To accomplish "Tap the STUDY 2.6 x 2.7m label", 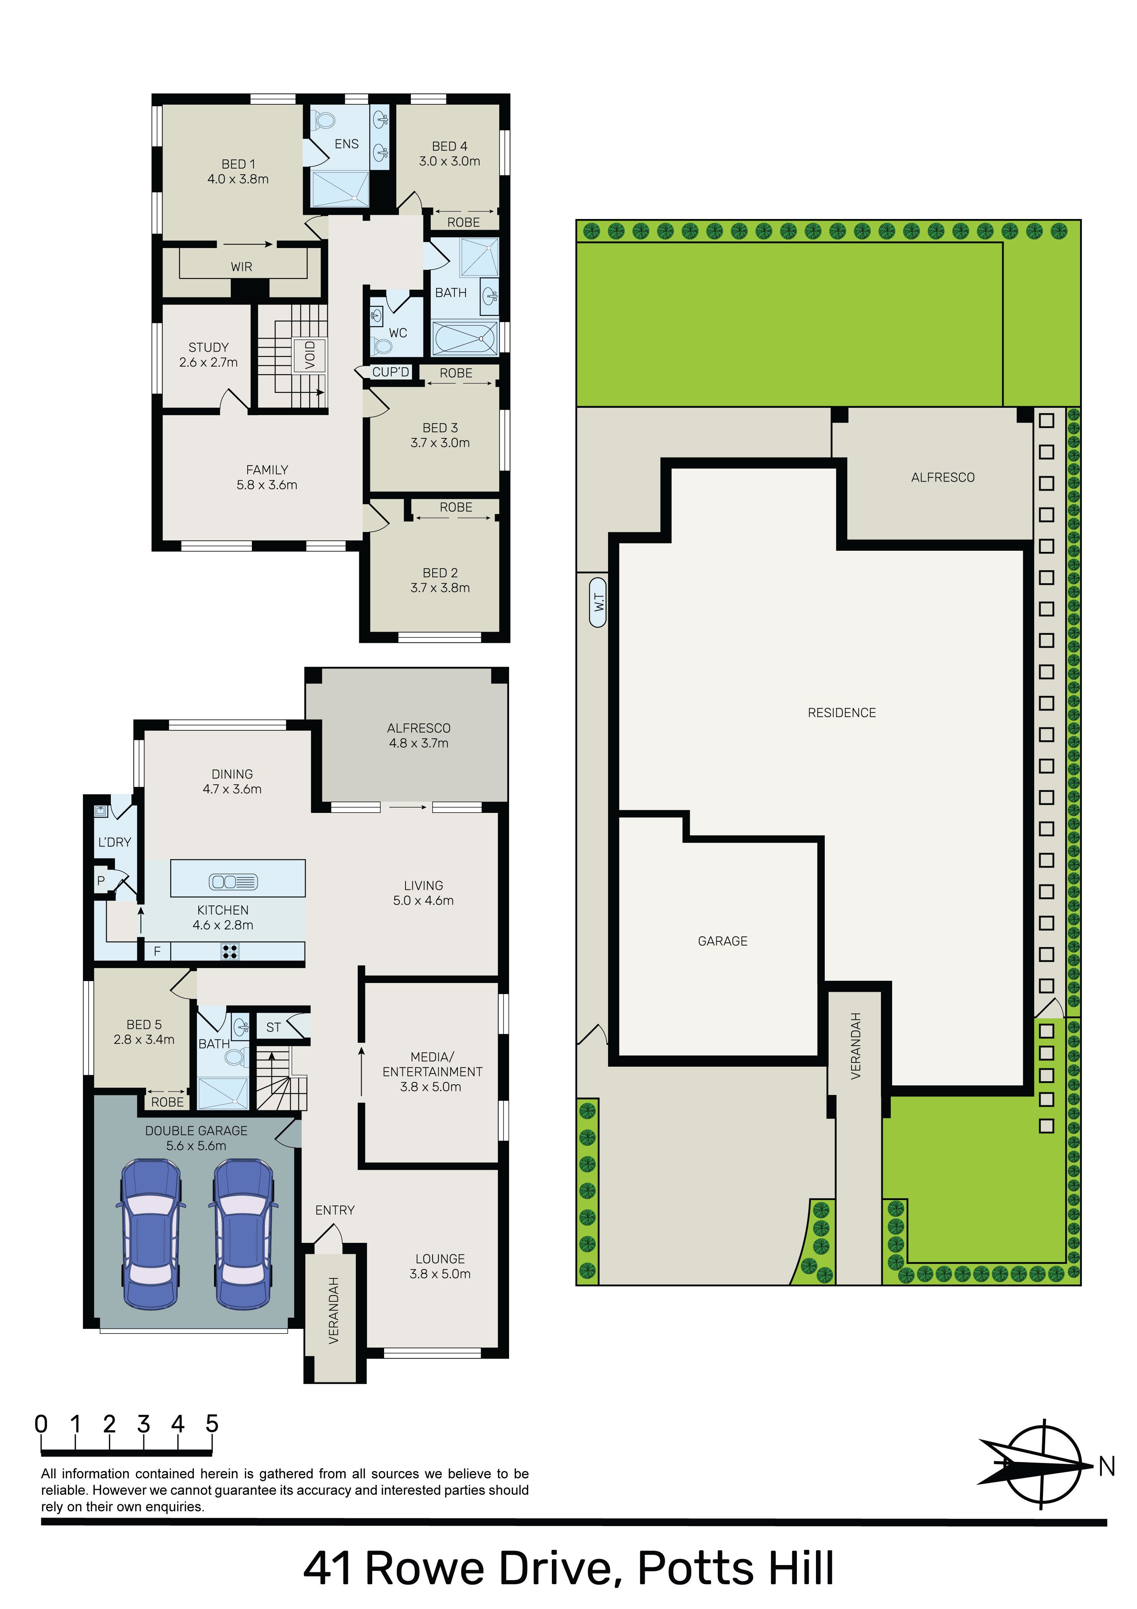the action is [208, 355].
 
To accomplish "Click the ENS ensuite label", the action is [346, 144].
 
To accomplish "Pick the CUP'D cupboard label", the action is [391, 372].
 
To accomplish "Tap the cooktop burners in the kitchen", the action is [229, 951].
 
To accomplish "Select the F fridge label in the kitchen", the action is [157, 951].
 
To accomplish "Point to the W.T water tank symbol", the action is [598, 601].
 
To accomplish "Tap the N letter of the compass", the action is [1107, 1467].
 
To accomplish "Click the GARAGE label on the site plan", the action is [723, 941].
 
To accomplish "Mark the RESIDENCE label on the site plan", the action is [842, 713].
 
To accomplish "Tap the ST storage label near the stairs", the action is [273, 1027].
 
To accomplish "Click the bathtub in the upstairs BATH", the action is [464, 339].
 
